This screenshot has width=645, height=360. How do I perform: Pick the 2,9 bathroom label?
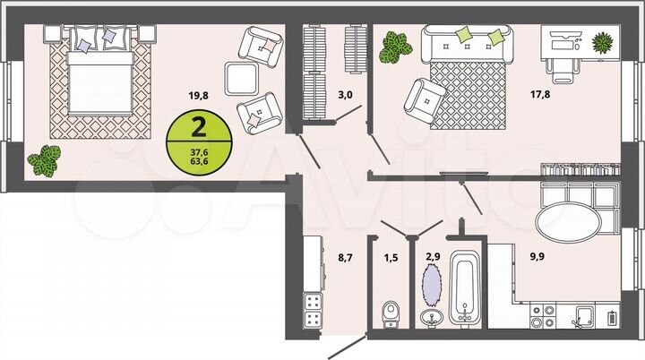[x=432, y=258]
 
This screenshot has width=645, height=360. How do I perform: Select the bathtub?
[x=463, y=288]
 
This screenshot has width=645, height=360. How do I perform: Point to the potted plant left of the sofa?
[x=392, y=47]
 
